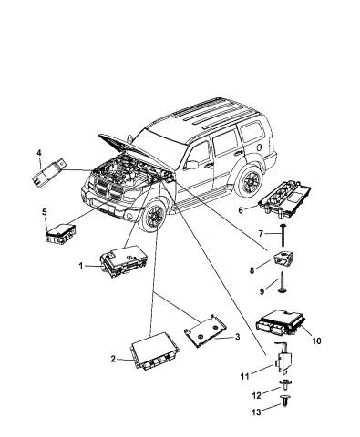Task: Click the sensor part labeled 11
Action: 284,369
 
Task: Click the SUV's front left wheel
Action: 153,245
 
